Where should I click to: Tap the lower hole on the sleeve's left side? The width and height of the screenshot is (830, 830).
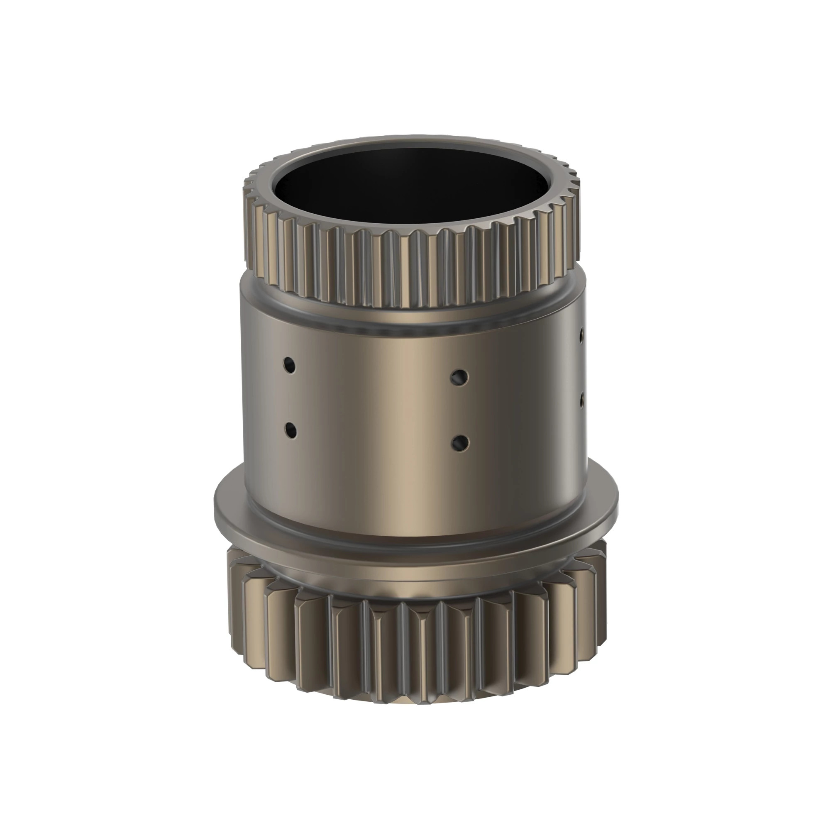click(291, 430)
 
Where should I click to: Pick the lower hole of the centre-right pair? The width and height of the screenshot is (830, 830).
click(460, 442)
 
